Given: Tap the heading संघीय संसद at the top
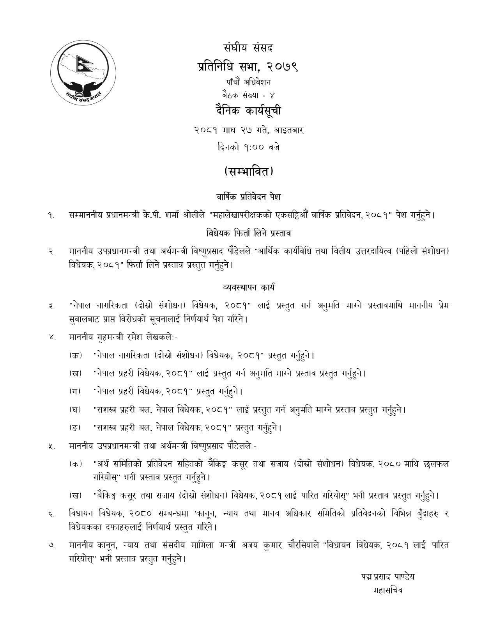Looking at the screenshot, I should tap(248, 48).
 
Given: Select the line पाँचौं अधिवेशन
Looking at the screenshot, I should tap(248, 82).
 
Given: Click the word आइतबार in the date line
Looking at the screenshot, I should tap(289, 130).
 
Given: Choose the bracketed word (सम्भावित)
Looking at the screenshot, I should tap(248, 171).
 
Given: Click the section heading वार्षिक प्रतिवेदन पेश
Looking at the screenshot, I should tap(248, 196).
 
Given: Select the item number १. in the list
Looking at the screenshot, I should tap(51, 215).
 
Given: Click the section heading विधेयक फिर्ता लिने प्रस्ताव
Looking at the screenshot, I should tap(248, 233).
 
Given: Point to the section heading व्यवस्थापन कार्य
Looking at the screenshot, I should tap(248, 288).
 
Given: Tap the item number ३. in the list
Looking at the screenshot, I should tap(51, 306).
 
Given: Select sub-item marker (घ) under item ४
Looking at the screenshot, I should tap(75, 410).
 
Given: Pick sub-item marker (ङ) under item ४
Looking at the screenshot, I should tap(75, 428).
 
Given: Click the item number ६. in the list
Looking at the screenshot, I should tap(51, 514).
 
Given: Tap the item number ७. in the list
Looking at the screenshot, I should tap(51, 546).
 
